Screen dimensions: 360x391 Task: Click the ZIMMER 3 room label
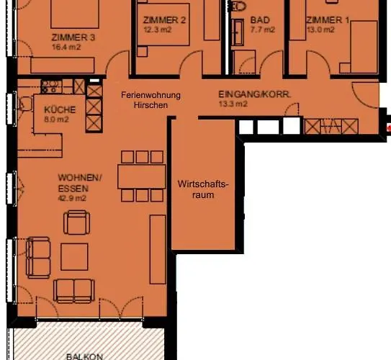pos(73,37)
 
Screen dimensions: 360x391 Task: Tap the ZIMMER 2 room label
pos(164,20)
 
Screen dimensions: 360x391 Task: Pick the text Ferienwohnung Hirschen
pos(150,100)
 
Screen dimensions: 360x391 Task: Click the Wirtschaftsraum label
pos(202,189)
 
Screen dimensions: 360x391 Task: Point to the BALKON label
pos(84,356)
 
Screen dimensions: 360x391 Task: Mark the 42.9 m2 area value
pos(73,198)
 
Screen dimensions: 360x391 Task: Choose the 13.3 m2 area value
pos(233,104)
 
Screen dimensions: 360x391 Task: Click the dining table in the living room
pos(141,176)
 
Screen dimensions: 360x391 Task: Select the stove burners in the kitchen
pos(51,87)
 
